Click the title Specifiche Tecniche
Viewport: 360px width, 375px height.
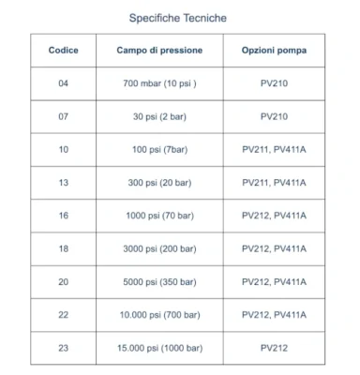(177, 17)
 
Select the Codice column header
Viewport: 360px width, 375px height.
(64, 50)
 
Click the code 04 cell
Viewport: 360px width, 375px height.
(64, 83)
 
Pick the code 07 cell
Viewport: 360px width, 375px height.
(64, 116)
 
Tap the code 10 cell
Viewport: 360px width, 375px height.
(64, 149)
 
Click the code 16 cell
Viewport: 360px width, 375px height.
(64, 215)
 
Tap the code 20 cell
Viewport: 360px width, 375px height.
(64, 281)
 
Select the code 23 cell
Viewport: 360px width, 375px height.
(64, 347)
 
